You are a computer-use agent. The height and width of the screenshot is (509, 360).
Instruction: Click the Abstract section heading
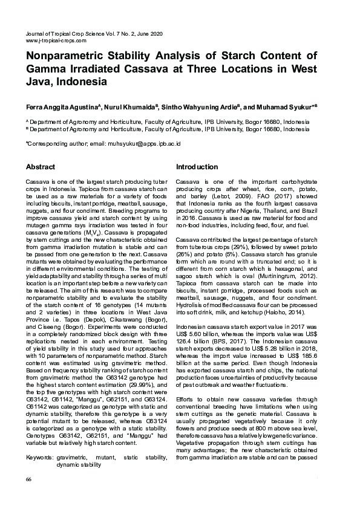click(40, 166)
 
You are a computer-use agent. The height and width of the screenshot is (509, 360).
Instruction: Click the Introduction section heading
click(197, 166)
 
